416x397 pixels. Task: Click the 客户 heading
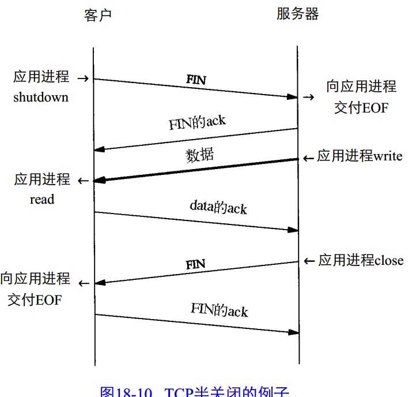[x=95, y=16]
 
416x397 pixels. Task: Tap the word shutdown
[x=41, y=96]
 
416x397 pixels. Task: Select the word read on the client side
[x=42, y=199]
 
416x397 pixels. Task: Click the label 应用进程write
[x=360, y=156]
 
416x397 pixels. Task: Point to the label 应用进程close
[x=361, y=260]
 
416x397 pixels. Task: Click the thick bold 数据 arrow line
[x=196, y=170]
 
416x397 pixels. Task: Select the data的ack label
[x=218, y=207]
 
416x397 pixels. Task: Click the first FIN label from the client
[x=196, y=80]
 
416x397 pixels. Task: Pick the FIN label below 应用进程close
[x=196, y=265]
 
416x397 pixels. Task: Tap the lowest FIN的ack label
[x=219, y=310]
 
